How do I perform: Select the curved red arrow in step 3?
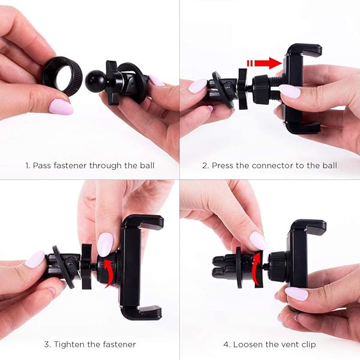click(108, 269)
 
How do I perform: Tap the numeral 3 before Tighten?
click(46, 344)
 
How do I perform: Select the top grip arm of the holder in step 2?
click(303, 50)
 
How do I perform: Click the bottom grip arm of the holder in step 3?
click(142, 311)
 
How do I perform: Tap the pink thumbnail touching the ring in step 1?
click(61, 107)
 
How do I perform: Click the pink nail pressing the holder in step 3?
click(105, 244)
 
